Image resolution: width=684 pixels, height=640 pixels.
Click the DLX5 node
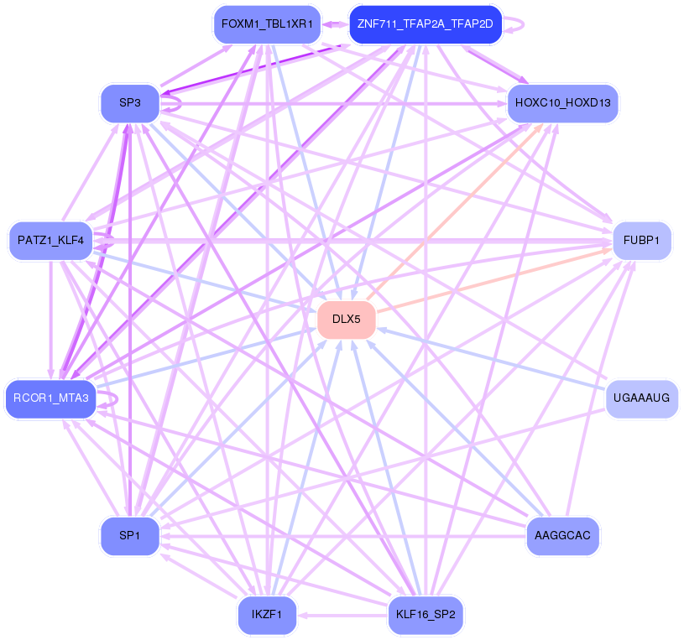coord(347,319)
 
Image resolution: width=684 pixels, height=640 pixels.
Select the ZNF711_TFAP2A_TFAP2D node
coord(426,24)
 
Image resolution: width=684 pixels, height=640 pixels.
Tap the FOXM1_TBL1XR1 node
coord(267,24)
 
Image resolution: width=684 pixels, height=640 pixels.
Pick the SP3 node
coord(130,103)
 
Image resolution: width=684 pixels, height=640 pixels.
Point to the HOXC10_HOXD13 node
coord(563,103)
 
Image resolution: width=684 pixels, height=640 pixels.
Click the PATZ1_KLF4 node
coord(50,241)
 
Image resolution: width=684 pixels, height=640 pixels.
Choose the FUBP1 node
coord(642,241)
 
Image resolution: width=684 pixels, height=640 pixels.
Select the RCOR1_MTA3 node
coord(50,398)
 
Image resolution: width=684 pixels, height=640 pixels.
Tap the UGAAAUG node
coord(642,398)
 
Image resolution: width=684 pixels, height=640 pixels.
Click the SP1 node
coord(130,536)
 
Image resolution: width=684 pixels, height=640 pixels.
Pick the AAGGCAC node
coord(563,536)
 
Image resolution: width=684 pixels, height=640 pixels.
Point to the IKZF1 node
coord(267,615)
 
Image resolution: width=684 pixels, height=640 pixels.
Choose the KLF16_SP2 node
coord(426,615)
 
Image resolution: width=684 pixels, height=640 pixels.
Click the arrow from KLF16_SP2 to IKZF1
coord(342,615)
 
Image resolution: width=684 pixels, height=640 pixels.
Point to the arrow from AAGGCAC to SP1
coord(343,536)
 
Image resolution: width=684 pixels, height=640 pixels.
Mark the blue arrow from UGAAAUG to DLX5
coord(491,358)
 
